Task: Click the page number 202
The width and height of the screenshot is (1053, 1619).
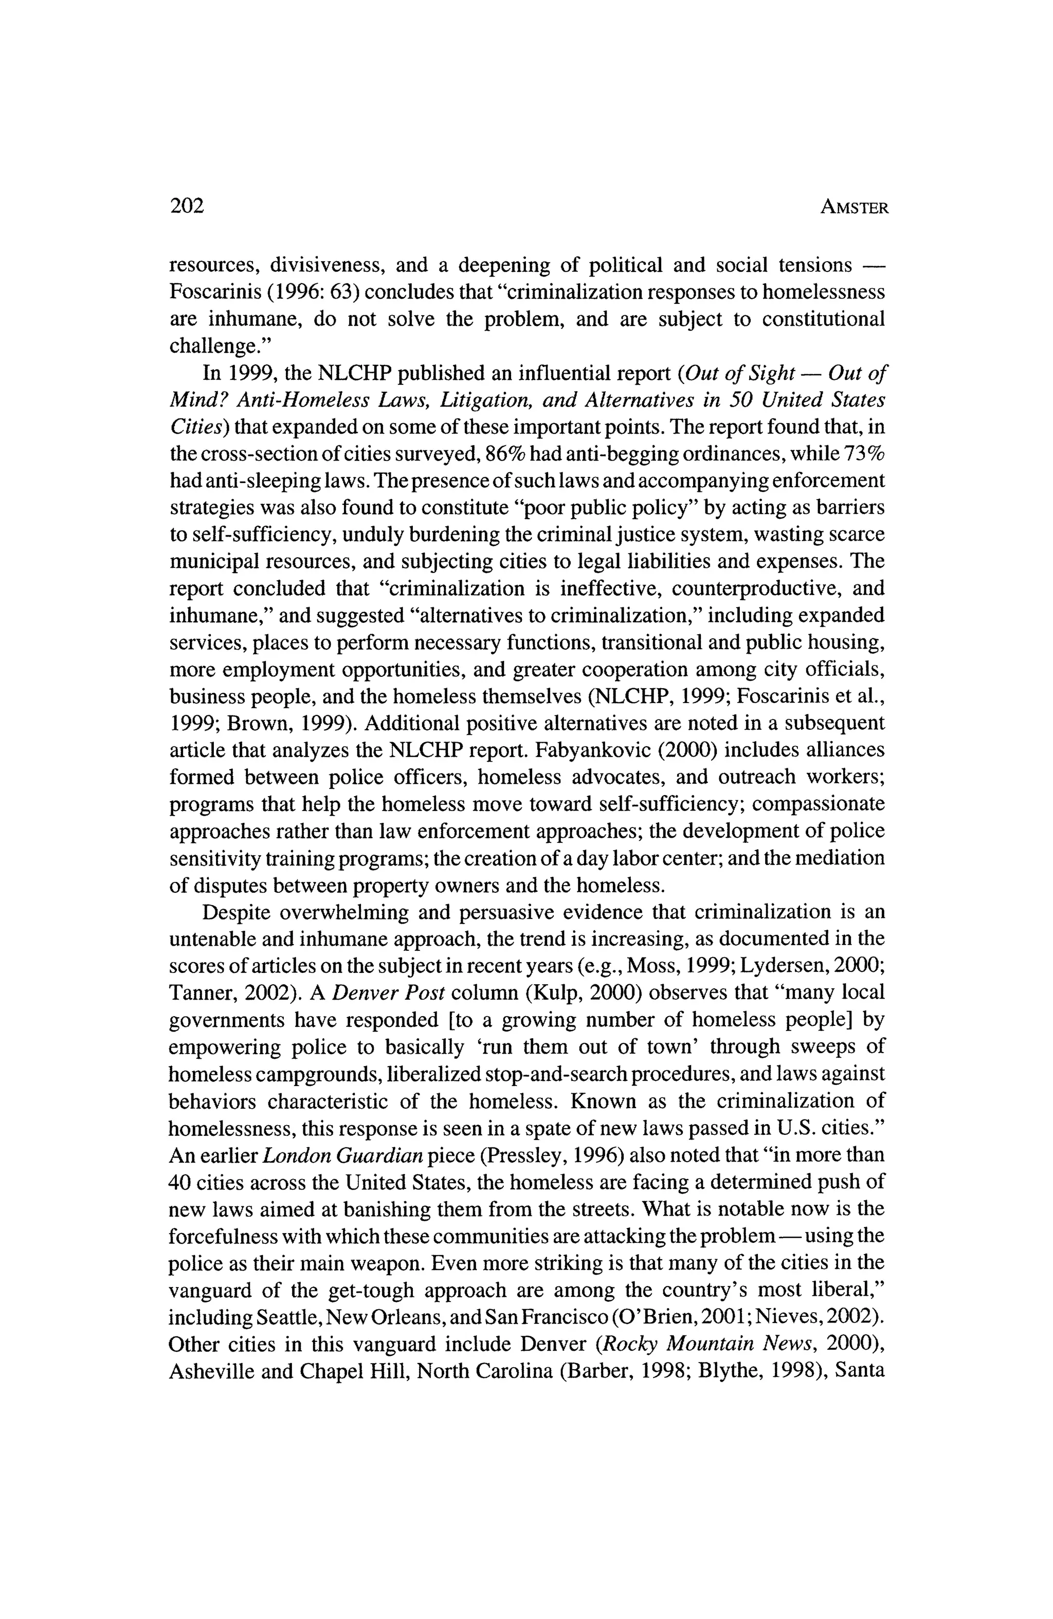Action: (x=187, y=206)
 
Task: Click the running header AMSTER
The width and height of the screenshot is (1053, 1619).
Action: (x=854, y=208)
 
